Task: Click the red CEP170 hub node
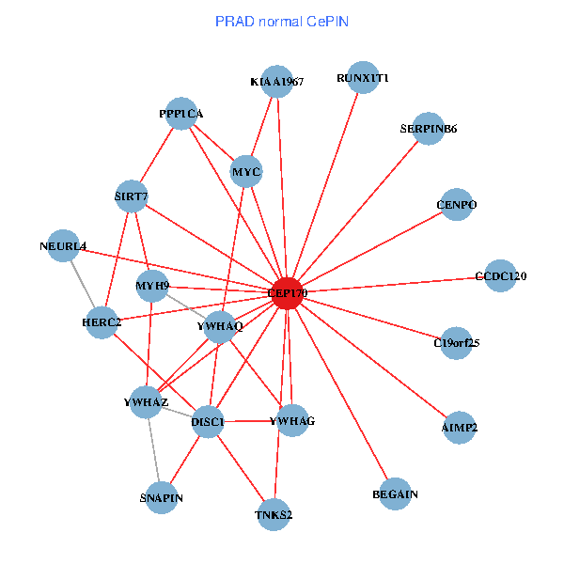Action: (x=287, y=292)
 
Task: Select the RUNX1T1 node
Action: (x=363, y=78)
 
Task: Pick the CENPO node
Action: (x=457, y=205)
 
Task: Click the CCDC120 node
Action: (x=500, y=276)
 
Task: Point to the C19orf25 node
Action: (x=456, y=343)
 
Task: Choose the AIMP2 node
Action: (x=459, y=427)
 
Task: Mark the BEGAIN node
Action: (x=395, y=493)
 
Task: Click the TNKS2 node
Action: (x=274, y=513)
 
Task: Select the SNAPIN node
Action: (x=162, y=497)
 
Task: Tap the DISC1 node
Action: (x=208, y=422)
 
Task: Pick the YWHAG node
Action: (x=291, y=420)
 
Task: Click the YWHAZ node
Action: (x=147, y=402)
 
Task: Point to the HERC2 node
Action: (x=102, y=323)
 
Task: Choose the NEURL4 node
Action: (x=63, y=246)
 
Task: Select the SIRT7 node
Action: (x=131, y=197)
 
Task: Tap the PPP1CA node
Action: (x=180, y=114)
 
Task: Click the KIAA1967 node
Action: (x=276, y=82)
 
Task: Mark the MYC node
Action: (x=246, y=171)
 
